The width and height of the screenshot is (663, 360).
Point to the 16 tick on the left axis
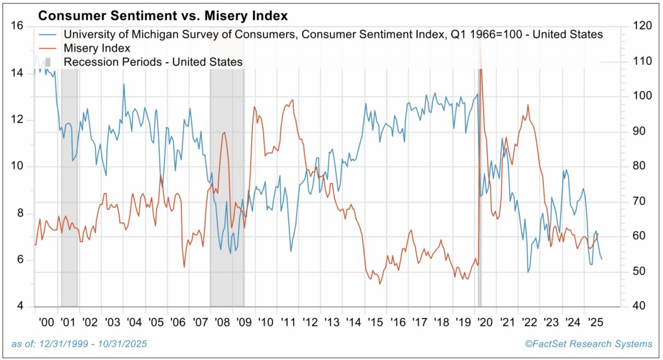[18, 26]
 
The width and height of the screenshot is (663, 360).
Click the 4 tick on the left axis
[21, 306]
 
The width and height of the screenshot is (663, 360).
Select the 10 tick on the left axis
[18, 166]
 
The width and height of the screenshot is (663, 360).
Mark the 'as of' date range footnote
[79, 343]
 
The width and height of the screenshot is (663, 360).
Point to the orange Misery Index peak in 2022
[528, 105]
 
